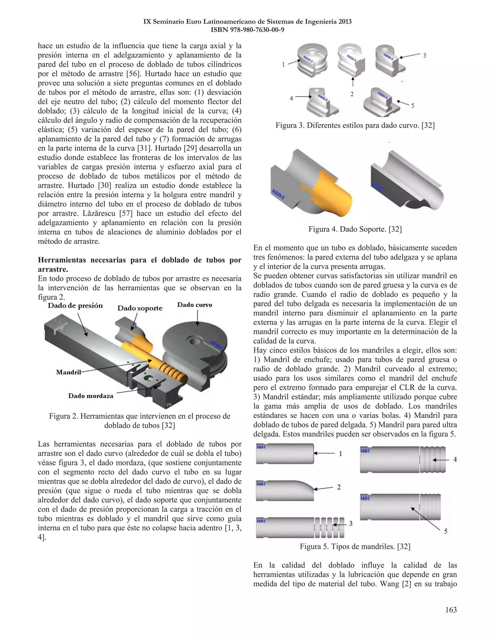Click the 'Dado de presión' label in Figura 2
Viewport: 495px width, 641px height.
(75, 306)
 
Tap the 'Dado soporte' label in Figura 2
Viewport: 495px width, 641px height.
(140, 308)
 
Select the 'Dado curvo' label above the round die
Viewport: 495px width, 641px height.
(194, 305)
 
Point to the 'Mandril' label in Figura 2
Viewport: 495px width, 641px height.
(68, 372)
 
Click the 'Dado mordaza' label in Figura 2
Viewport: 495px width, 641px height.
(91, 396)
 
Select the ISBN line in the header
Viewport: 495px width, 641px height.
(247, 30)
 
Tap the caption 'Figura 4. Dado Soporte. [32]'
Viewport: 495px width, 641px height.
(355, 229)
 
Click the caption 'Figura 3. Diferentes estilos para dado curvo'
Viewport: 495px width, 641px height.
(355, 126)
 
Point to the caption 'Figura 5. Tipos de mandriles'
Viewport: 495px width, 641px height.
(355, 546)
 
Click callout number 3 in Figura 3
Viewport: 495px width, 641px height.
(424, 55)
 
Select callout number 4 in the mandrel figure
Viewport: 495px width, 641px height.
(455, 460)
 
